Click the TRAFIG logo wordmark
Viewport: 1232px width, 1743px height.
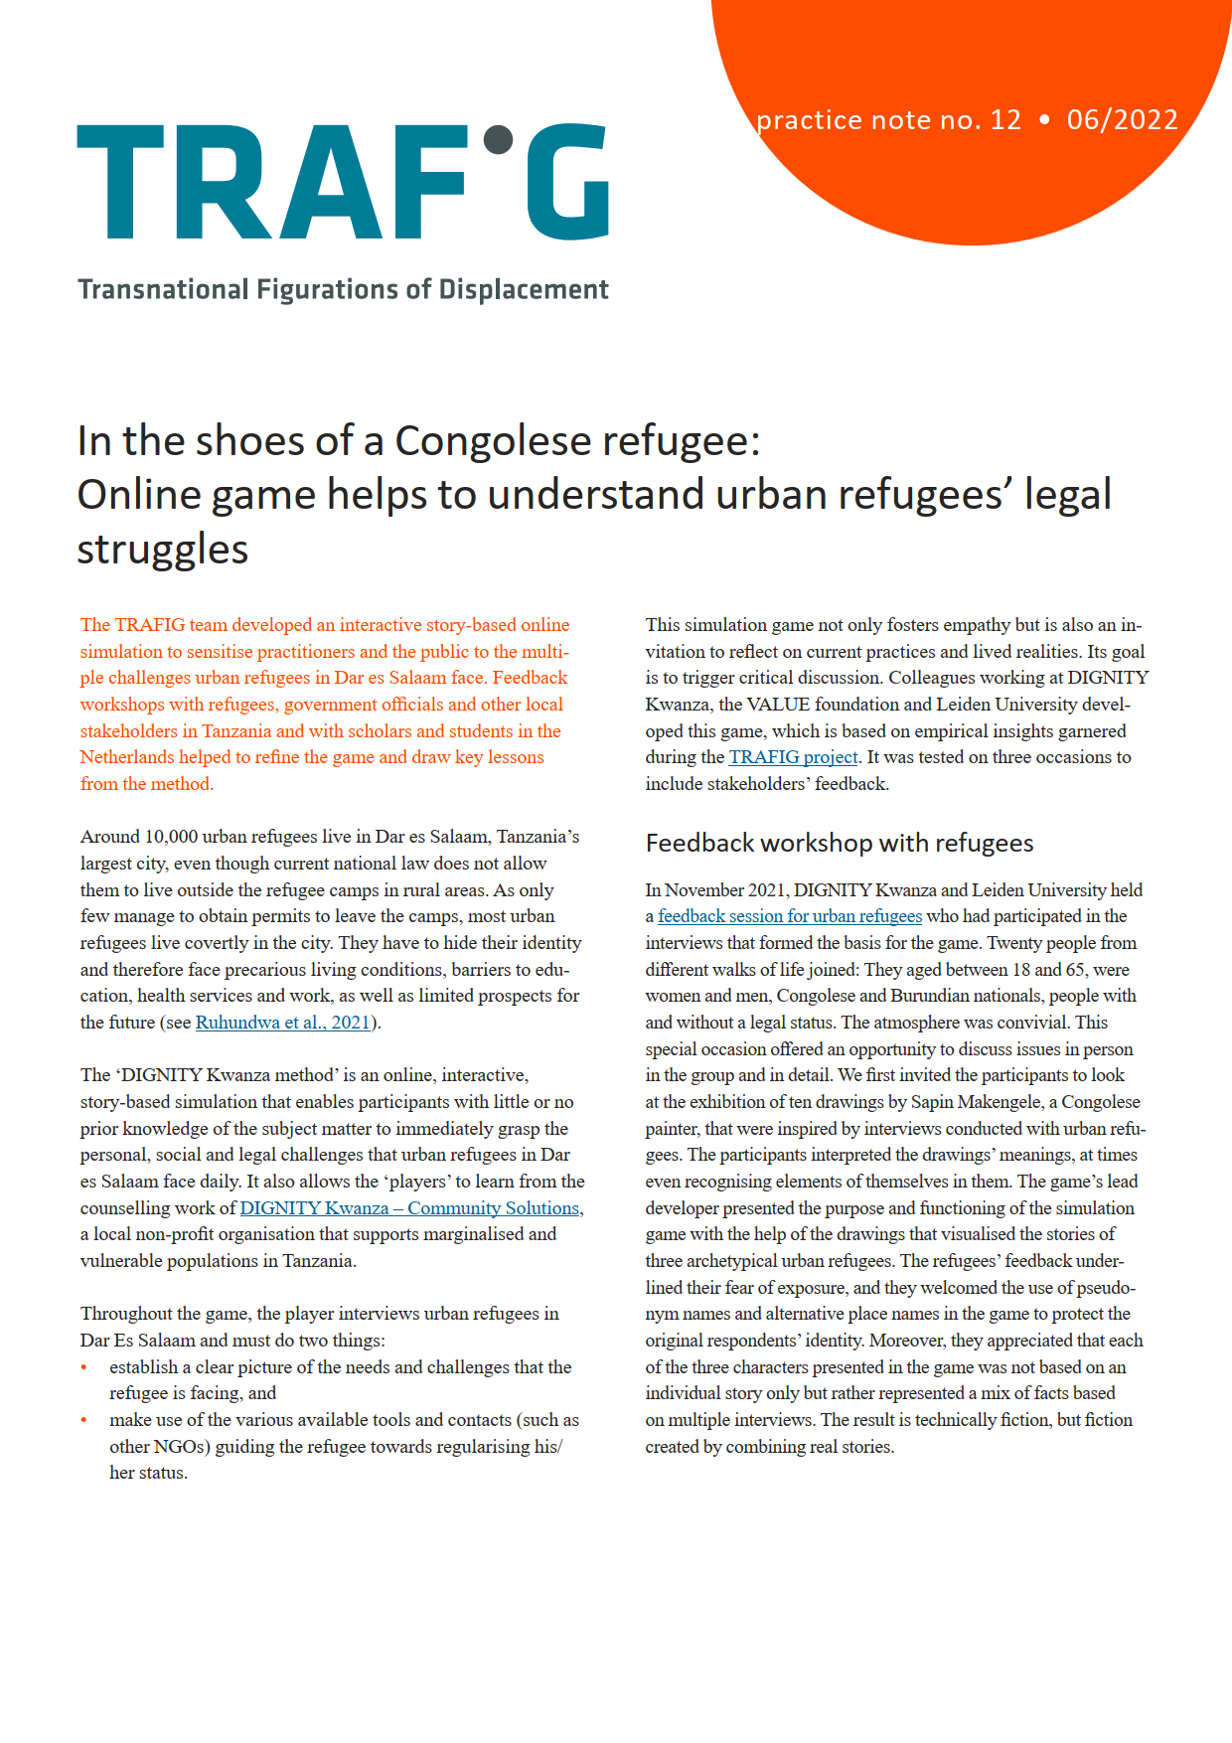click(x=343, y=182)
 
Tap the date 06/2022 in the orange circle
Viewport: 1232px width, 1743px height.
click(x=1122, y=120)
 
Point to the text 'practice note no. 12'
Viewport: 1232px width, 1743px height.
click(x=888, y=120)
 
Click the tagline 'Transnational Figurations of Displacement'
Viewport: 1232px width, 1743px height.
click(x=343, y=289)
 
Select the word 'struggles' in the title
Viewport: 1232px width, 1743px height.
click(x=163, y=549)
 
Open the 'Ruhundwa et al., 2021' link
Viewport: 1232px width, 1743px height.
click(x=283, y=1023)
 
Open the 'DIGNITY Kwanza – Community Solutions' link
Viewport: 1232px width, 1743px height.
click(x=409, y=1208)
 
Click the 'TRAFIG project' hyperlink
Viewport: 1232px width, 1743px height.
click(x=793, y=757)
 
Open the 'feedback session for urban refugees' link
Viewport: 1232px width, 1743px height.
click(x=790, y=916)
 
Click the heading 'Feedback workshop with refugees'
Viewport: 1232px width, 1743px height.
click(x=840, y=844)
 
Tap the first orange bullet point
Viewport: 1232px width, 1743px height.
click(x=84, y=1368)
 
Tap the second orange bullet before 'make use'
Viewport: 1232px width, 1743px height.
click(x=84, y=1421)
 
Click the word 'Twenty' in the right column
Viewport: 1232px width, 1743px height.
click(x=1012, y=943)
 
